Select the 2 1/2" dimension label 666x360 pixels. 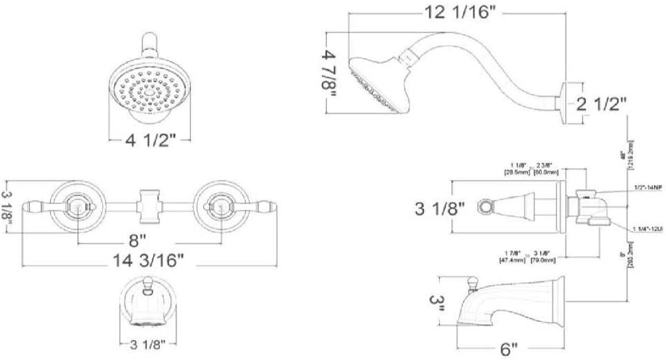(x=602, y=105)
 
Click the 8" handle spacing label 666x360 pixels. (x=139, y=241)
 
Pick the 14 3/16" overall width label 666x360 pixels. (x=149, y=260)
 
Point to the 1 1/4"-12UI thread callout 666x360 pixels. (x=647, y=228)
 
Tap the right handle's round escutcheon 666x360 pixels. (x=219, y=205)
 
